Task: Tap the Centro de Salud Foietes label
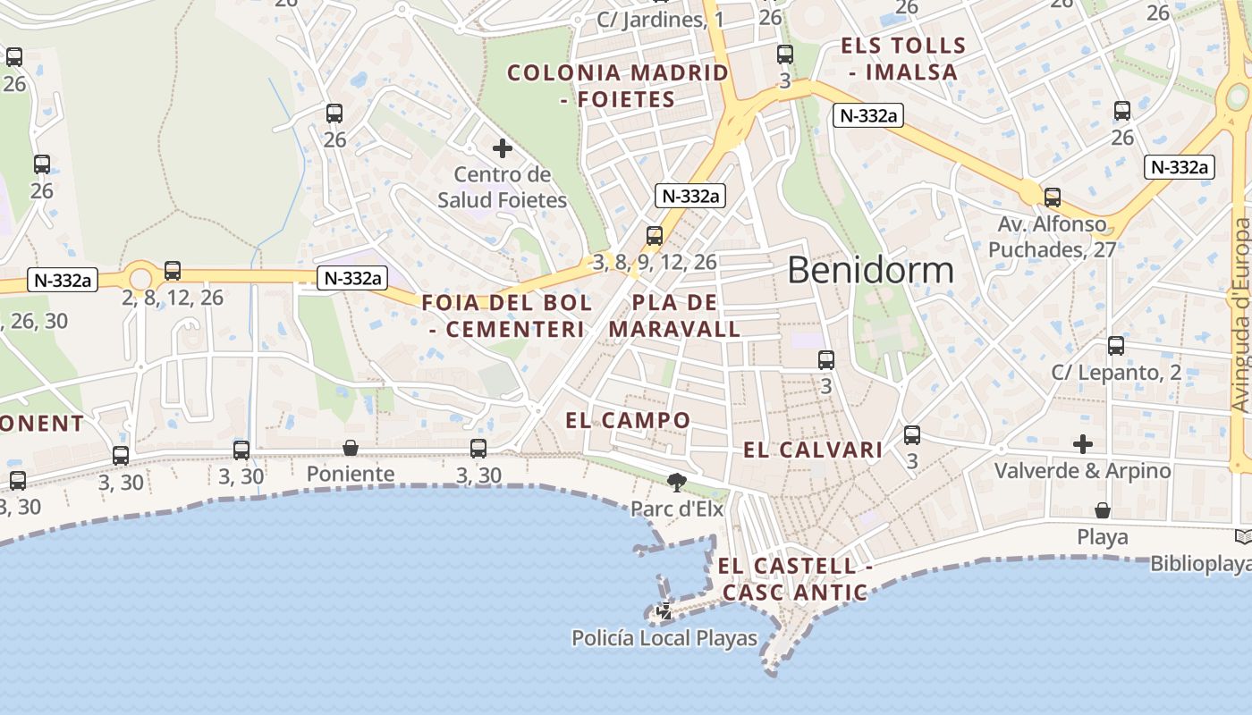(502, 187)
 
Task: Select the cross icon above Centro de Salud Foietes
(503, 148)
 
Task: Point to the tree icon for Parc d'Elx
(677, 483)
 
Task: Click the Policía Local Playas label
(664, 638)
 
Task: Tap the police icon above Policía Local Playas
(665, 612)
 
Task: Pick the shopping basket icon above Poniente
(351, 448)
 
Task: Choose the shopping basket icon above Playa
(1103, 510)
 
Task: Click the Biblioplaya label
(1213, 564)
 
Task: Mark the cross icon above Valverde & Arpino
(1083, 444)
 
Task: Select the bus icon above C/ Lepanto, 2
(1115, 346)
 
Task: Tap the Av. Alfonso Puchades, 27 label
(1052, 237)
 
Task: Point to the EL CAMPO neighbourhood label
(628, 420)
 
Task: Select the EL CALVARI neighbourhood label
(813, 450)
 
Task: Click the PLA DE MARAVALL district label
(674, 315)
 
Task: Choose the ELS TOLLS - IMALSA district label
(903, 59)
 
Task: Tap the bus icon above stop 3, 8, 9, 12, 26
(655, 236)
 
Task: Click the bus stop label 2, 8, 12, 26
(173, 298)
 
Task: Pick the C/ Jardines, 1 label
(661, 20)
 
